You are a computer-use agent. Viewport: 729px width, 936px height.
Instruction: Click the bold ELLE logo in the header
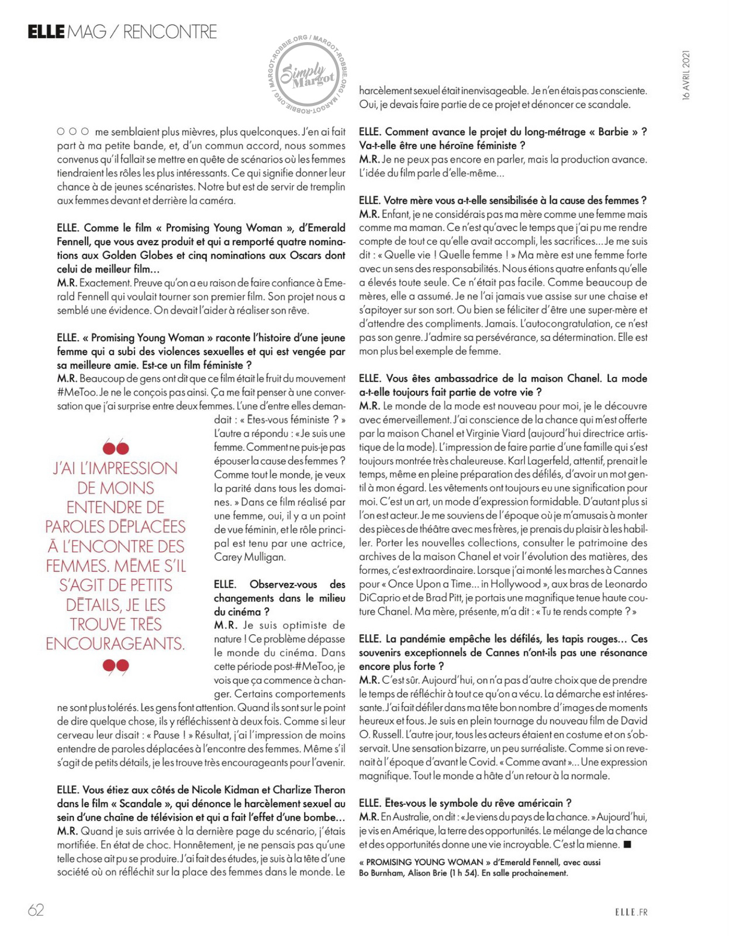click(x=46, y=32)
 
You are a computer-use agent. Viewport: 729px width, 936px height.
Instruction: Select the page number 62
click(x=36, y=910)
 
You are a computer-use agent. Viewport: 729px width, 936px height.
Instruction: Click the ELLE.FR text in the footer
click(x=631, y=911)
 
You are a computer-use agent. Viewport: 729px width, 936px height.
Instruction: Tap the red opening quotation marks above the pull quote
click(x=115, y=448)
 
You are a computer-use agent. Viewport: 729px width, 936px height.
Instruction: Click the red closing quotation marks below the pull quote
click(x=115, y=666)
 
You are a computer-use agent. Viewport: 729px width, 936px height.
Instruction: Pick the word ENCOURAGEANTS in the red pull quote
click(x=115, y=644)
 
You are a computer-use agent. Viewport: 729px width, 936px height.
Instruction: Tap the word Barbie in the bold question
click(x=613, y=132)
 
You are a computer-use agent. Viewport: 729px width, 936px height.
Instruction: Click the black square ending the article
click(x=628, y=844)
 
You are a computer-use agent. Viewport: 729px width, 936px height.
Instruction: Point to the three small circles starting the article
click(x=73, y=132)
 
